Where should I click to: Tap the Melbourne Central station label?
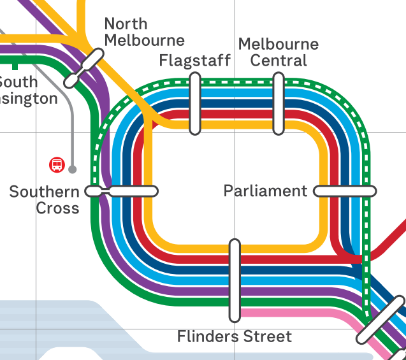(x=279, y=52)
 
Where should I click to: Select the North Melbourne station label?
(x=144, y=32)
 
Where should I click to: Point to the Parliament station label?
(x=265, y=191)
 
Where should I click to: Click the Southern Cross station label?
(x=45, y=199)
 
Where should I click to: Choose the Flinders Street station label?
(x=235, y=336)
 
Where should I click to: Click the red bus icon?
(x=57, y=165)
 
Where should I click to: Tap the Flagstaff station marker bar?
(x=195, y=103)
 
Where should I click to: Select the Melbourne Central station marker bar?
(x=279, y=103)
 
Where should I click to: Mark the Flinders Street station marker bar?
(x=235, y=280)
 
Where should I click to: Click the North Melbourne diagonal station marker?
(x=83, y=69)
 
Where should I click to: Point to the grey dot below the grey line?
(x=73, y=169)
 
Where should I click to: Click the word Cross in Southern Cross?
(x=58, y=208)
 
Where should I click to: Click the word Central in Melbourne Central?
(x=279, y=61)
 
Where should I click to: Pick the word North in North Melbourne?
(x=126, y=24)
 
